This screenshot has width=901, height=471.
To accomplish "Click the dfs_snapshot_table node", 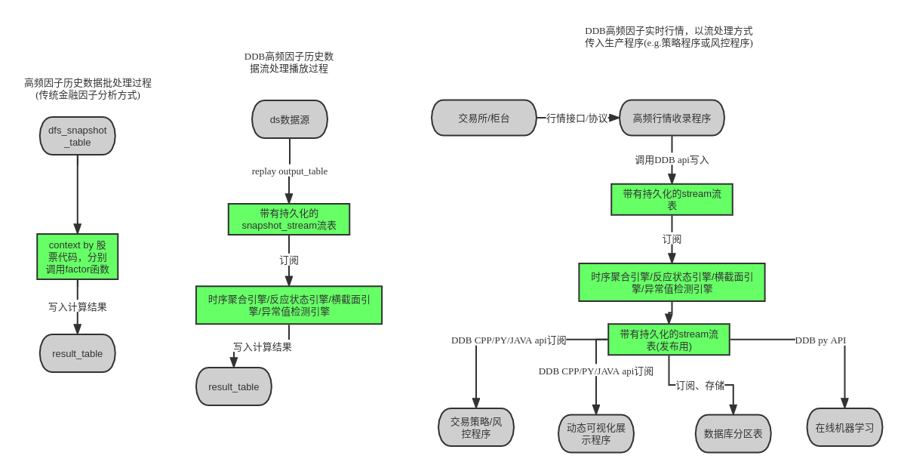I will click(78, 136).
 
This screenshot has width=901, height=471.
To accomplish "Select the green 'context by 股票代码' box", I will click(78, 257).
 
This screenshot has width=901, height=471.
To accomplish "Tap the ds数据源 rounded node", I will click(290, 119).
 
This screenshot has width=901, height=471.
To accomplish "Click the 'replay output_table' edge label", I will click(290, 171).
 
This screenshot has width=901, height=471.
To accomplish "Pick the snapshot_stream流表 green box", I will click(289, 219).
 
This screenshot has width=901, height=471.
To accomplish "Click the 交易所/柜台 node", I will click(484, 119).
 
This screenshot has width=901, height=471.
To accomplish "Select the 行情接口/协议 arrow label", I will click(577, 119).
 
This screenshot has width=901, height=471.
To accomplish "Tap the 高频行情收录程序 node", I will click(672, 119).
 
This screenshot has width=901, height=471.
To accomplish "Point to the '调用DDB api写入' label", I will click(672, 159).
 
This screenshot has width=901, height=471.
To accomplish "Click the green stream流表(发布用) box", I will click(669, 340).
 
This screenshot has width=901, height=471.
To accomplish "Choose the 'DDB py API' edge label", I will click(820, 340).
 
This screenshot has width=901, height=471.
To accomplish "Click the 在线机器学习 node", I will click(844, 427).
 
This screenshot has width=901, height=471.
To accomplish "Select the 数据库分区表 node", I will click(733, 434).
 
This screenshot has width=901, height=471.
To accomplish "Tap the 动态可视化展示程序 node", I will click(596, 434).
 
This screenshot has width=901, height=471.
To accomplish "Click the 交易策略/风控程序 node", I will click(476, 427).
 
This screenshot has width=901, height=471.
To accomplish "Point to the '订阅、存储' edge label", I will click(700, 385).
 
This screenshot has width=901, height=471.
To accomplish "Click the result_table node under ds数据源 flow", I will click(234, 386).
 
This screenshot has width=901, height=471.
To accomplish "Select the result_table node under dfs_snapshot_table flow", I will click(78, 353).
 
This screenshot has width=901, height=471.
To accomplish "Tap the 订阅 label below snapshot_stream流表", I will click(289, 260).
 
